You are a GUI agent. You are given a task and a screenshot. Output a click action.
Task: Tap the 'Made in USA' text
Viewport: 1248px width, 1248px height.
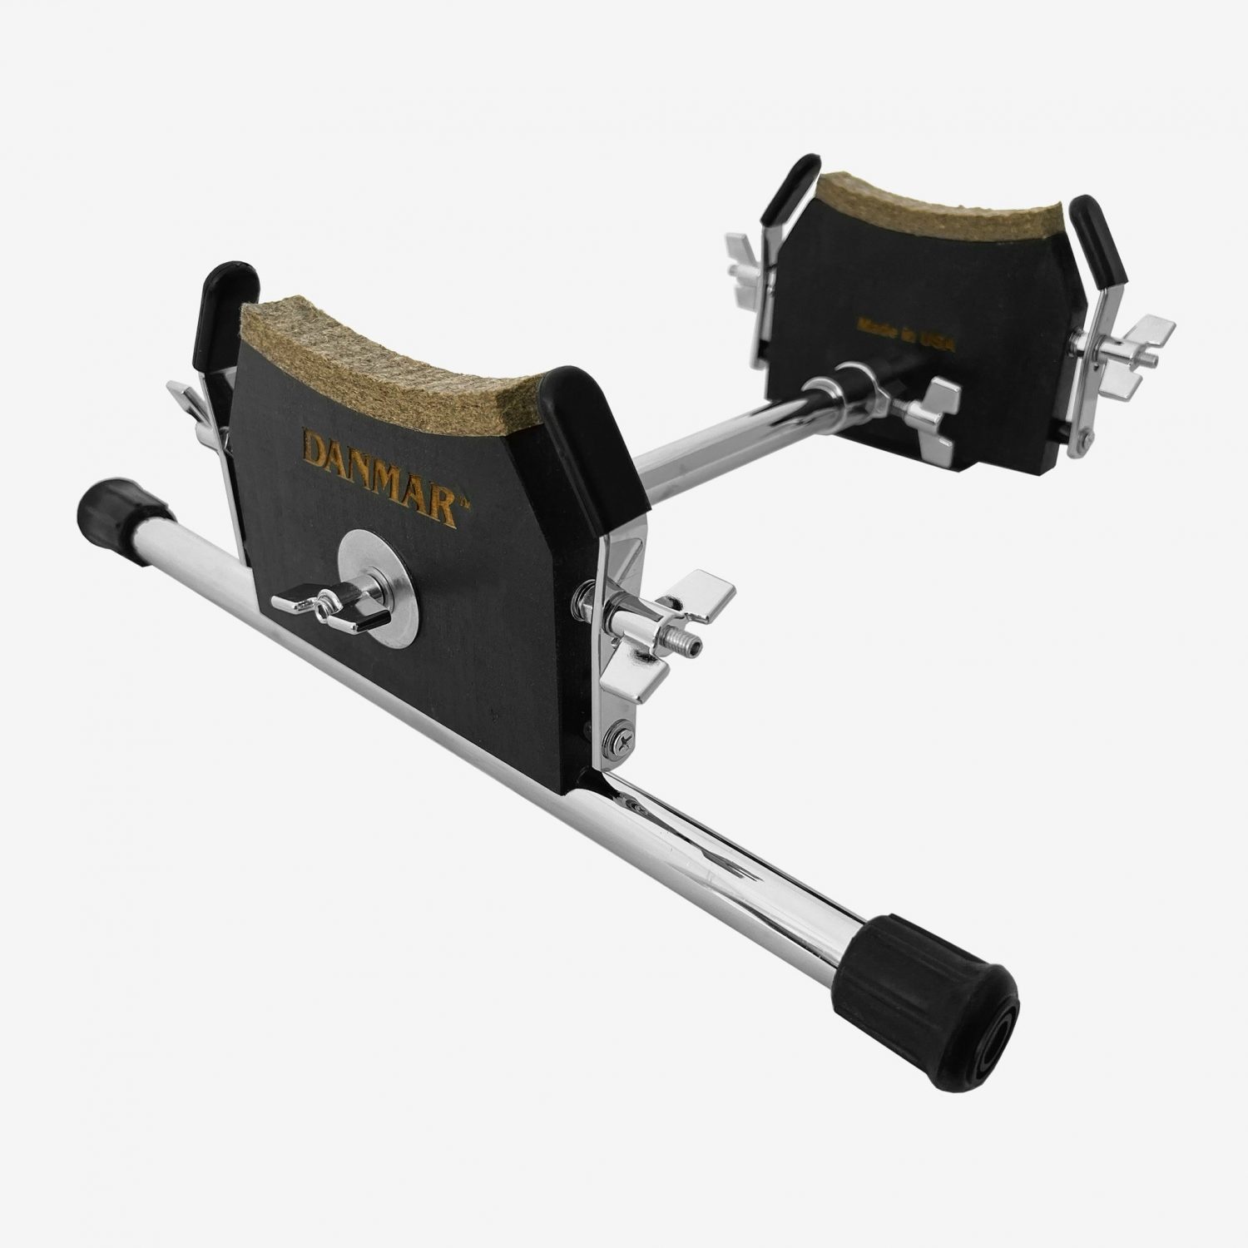[906, 333]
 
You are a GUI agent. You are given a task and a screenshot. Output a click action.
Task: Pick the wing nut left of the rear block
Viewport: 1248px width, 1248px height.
[749, 262]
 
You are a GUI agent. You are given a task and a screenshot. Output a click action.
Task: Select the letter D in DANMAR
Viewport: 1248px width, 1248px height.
[316, 449]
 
